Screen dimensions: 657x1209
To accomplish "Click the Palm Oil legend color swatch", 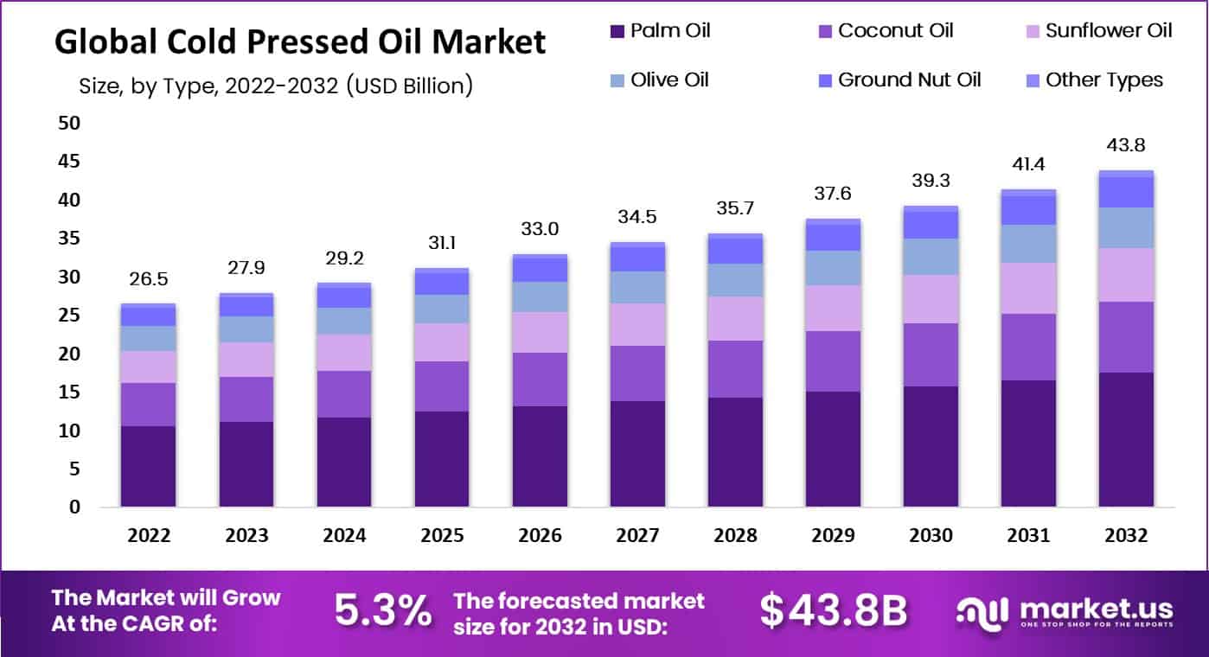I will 617,32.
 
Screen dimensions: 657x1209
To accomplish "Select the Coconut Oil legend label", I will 896,31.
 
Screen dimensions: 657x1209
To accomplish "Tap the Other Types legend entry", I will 1104,80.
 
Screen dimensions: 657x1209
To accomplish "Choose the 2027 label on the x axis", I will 637,535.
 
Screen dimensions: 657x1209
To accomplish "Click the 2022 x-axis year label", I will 149,535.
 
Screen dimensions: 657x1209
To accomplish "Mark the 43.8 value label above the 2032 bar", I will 1126,145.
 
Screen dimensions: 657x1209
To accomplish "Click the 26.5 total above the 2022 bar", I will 149,280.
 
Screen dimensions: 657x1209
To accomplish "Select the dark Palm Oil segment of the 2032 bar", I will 1126,439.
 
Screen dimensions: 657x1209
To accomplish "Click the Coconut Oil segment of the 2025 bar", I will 442,386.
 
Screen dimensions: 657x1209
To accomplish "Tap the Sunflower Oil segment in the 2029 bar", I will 833,309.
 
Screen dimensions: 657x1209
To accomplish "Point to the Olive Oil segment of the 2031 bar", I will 1028,244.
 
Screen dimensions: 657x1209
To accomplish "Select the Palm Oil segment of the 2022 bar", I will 149,466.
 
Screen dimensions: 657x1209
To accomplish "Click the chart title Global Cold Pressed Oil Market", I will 300,41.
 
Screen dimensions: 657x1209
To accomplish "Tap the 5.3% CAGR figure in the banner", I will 383,611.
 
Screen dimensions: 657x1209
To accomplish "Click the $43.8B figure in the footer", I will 834,611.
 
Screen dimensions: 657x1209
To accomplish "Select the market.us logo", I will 1065,612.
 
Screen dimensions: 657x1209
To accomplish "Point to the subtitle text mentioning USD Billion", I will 275,86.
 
